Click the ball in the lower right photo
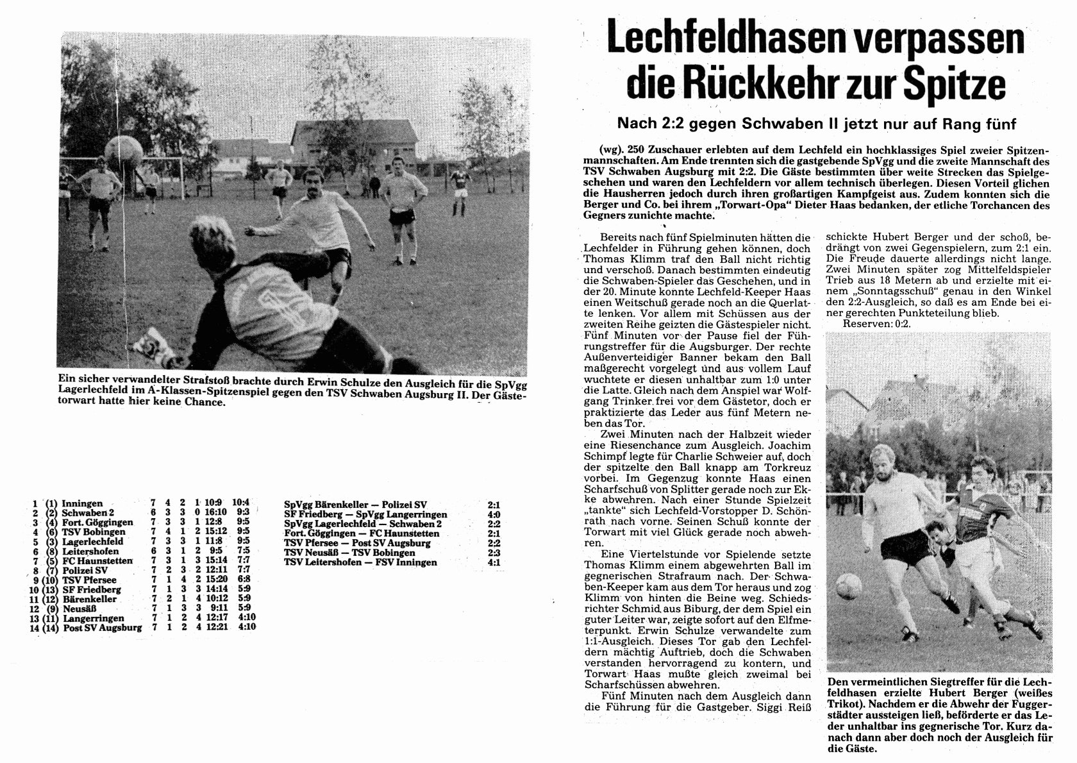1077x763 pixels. coord(849,583)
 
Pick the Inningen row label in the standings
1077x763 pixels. coord(83,504)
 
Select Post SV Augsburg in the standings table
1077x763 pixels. coord(103,627)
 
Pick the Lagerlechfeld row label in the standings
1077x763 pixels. coord(93,542)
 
